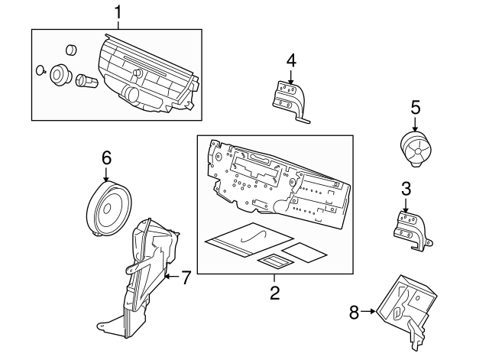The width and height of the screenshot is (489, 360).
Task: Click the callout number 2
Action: [x=274, y=290]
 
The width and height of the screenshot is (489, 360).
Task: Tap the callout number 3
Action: [x=406, y=188]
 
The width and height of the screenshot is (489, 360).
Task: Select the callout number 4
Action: [x=291, y=60]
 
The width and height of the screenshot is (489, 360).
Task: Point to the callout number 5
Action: [x=415, y=106]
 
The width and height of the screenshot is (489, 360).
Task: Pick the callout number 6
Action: [x=106, y=158]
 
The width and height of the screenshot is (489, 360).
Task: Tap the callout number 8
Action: [x=353, y=311]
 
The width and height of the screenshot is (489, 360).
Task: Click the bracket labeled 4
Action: [x=290, y=98]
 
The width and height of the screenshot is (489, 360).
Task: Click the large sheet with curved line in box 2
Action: [x=244, y=238]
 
